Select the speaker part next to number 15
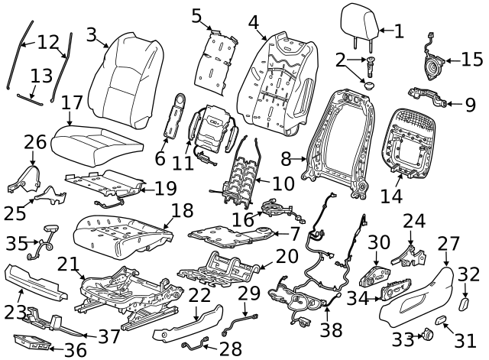pos(433,61)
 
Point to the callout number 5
pos(197,15)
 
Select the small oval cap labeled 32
pos(464,306)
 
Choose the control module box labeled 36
pos(31,345)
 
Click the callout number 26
pos(34,141)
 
